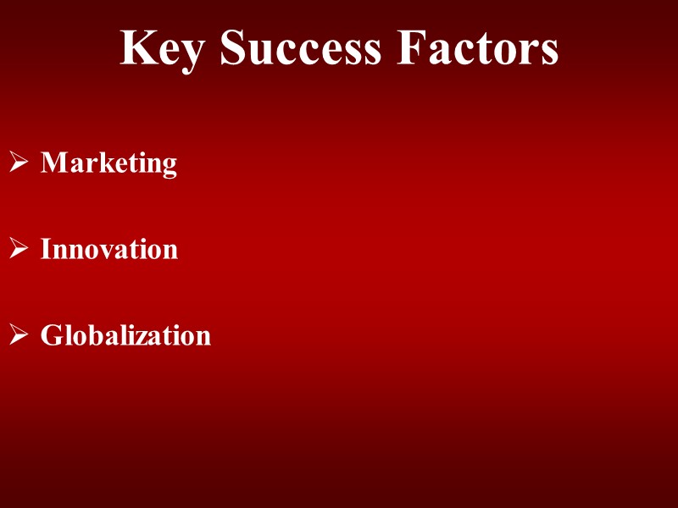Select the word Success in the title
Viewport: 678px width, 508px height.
point(300,48)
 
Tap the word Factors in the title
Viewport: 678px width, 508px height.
point(478,48)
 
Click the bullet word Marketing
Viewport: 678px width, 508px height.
point(108,163)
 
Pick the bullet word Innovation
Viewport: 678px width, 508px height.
point(109,249)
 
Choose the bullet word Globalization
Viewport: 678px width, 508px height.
point(125,335)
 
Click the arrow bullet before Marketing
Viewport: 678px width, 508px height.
point(19,162)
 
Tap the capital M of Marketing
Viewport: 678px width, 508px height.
point(53,162)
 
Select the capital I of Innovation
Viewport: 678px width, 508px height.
point(47,249)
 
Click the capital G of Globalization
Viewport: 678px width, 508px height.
point(52,335)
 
